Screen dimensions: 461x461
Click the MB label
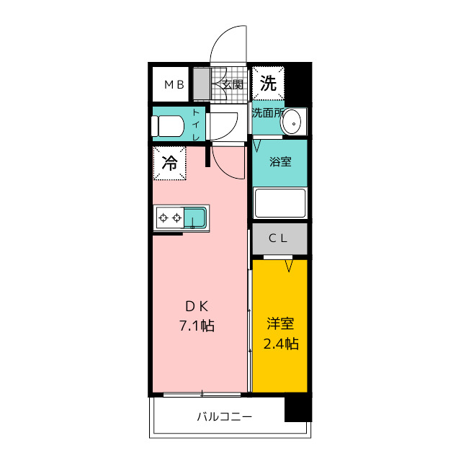tap(174, 85)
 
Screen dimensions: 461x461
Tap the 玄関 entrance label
tap(232, 85)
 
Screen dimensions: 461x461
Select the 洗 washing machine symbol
tap(268, 84)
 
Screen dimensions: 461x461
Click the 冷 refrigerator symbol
tap(170, 163)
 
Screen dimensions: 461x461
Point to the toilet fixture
tap(167, 126)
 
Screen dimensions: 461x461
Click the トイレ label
tap(196, 125)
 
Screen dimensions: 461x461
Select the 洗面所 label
tap(267, 112)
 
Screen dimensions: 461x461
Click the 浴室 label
tap(280, 161)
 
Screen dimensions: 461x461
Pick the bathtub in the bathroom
tap(280, 203)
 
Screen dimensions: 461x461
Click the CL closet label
tap(278, 238)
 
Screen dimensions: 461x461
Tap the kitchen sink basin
tap(195, 218)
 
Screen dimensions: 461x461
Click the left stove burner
tap(164, 218)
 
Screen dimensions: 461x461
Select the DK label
tap(197, 307)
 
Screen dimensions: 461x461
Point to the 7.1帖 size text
tap(197, 326)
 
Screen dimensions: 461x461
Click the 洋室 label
tap(280, 323)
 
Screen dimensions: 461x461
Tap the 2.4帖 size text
tap(281, 344)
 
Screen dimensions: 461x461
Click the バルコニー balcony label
tap(224, 416)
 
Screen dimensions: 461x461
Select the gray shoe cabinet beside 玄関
tap(202, 84)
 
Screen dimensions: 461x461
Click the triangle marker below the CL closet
tap(289, 266)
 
